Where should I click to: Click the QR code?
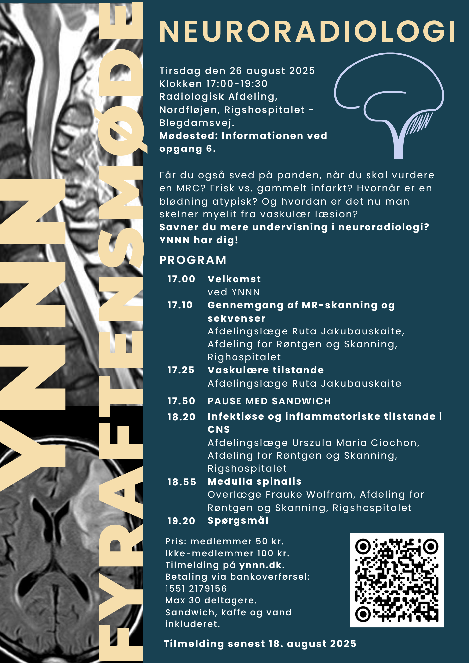click(x=397, y=580)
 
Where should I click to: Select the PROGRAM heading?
click(x=193, y=260)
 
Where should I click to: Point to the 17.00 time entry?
click(x=181, y=279)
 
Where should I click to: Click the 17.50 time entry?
click(x=181, y=401)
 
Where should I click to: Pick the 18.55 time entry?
click(x=182, y=482)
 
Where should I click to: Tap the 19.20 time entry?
click(x=181, y=521)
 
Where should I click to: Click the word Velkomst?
click(x=234, y=279)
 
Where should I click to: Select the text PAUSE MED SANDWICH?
click(x=269, y=401)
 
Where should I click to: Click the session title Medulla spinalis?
click(x=254, y=481)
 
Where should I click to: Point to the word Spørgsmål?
click(x=238, y=521)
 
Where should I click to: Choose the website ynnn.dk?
click(x=261, y=565)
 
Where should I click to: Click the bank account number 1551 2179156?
click(x=196, y=588)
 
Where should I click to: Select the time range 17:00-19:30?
click(x=237, y=84)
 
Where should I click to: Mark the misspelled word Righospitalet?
click(x=244, y=357)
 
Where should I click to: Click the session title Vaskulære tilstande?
click(x=266, y=370)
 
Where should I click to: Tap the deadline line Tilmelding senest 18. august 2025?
click(x=260, y=644)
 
